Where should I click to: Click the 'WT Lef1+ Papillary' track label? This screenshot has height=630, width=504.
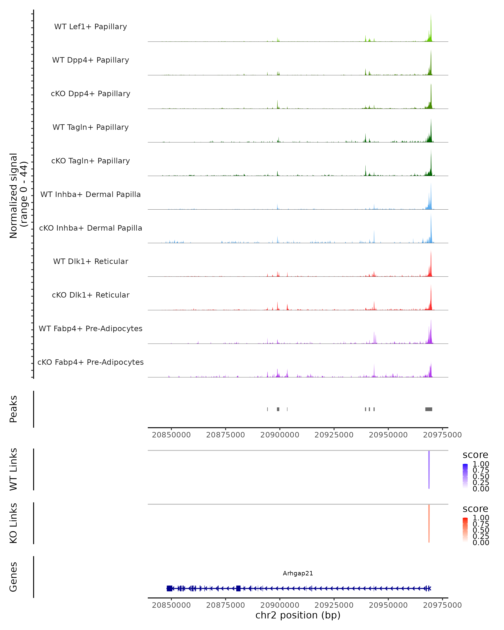pos(91,27)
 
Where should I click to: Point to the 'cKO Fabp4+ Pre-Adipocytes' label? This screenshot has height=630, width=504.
pos(91,362)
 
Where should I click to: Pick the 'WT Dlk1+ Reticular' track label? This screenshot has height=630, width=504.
pos(91,261)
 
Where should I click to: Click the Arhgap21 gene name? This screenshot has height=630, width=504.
pos(298,573)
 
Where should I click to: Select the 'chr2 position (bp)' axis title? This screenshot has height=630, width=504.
pos(298,615)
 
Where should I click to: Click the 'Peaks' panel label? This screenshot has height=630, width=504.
pos(13,409)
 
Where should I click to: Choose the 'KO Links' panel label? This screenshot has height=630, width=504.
pos(13,523)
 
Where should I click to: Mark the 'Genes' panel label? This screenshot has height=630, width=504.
pos(13,577)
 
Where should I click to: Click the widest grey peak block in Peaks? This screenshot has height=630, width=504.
pos(429,409)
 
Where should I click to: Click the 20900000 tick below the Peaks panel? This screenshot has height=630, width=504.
pos(280,435)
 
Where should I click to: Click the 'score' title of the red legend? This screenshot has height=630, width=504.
pos(475,509)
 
